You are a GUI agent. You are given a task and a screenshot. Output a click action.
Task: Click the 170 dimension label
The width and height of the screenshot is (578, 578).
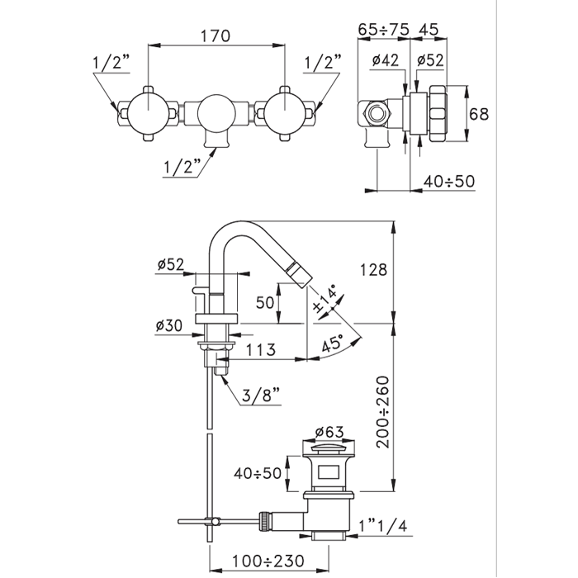click(216, 36)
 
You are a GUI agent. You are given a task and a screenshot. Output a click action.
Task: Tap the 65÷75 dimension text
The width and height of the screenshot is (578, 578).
click(384, 29)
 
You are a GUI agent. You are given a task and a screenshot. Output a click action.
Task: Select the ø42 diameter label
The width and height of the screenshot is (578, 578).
click(386, 59)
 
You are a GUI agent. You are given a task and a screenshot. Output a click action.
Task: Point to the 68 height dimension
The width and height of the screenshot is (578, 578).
click(479, 114)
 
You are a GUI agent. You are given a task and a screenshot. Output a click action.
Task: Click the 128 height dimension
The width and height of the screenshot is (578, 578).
click(373, 270)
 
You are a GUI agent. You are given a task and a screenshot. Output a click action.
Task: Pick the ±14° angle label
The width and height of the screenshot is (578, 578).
click(325, 299)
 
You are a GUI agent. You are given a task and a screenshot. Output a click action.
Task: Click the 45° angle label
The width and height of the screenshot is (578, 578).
click(333, 345)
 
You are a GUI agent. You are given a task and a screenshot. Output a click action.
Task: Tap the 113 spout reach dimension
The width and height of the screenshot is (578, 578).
click(261, 349)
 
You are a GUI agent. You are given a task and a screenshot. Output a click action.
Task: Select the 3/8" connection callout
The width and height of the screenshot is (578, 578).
click(262, 396)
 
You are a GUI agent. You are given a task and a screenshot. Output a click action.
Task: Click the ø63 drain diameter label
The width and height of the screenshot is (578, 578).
click(329, 432)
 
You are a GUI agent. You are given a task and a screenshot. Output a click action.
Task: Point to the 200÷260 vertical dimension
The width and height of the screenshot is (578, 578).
click(383, 412)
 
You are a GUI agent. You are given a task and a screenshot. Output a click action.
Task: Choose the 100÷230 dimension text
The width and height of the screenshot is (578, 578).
click(268, 561)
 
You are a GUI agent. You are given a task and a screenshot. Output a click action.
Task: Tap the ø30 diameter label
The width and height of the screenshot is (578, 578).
click(169, 325)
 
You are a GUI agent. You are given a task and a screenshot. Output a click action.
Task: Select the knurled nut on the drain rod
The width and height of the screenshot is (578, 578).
click(265, 521)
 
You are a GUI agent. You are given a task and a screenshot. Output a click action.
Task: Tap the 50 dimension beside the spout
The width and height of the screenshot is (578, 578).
click(265, 303)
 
